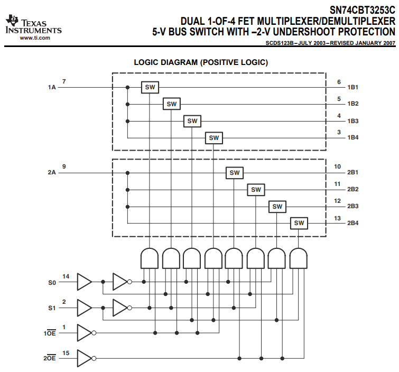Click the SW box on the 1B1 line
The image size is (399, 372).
tap(150, 87)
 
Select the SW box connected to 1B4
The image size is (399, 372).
tap(214, 138)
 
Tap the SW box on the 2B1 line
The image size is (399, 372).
tap(235, 172)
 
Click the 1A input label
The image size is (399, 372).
tap(52, 87)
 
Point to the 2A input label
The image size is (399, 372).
tap(52, 172)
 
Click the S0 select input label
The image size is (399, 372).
tap(51, 282)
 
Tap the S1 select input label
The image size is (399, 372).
tap(51, 307)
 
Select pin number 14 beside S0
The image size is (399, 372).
tap(66, 276)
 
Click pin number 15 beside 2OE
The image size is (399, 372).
tap(66, 352)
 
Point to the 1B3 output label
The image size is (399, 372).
tap(353, 121)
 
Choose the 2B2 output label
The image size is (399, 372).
tap(353, 189)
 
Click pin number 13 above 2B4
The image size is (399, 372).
tap(338, 218)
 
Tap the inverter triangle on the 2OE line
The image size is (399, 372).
tap(85, 358)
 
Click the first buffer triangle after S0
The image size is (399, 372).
tap(85, 282)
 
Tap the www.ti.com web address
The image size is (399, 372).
tap(35, 38)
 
